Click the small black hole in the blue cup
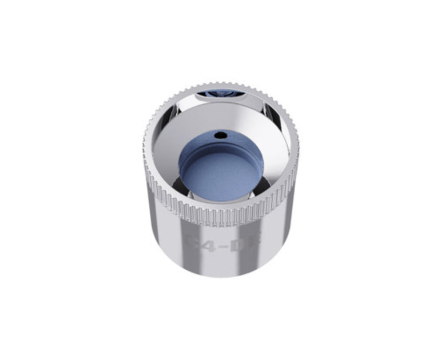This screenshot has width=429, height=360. click(219, 136)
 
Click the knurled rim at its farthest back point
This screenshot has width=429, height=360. click(220, 84)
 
